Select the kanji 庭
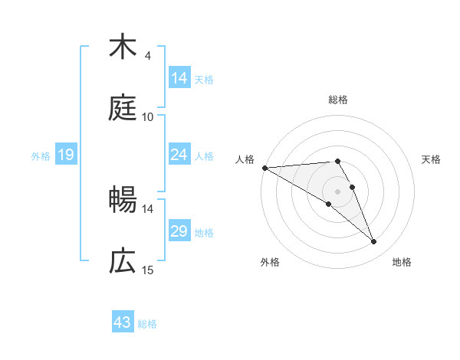pyautogui.click(x=123, y=108)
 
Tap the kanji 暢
pyautogui.click(x=123, y=200)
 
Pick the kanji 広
pyautogui.click(x=123, y=261)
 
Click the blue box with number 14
pyautogui.click(x=179, y=78)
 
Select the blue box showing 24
pyautogui.click(x=179, y=155)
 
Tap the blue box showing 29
pyautogui.click(x=179, y=231)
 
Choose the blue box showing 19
pyautogui.click(x=66, y=155)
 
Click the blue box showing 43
pyautogui.click(x=123, y=323)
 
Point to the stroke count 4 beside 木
pyautogui.click(x=147, y=56)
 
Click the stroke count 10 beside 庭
pyautogui.click(x=148, y=117)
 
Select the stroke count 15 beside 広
pyautogui.click(x=148, y=270)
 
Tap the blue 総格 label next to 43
pyautogui.click(x=147, y=324)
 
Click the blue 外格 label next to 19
pyautogui.click(x=41, y=155)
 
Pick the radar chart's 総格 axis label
pyautogui.click(x=338, y=100)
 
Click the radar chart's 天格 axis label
pyautogui.click(x=432, y=159)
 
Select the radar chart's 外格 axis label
pyautogui.click(x=270, y=262)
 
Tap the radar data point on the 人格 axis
pyautogui.click(x=264, y=168)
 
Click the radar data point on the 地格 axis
pyautogui.click(x=374, y=242)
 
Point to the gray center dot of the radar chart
pyautogui.click(x=338, y=191)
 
